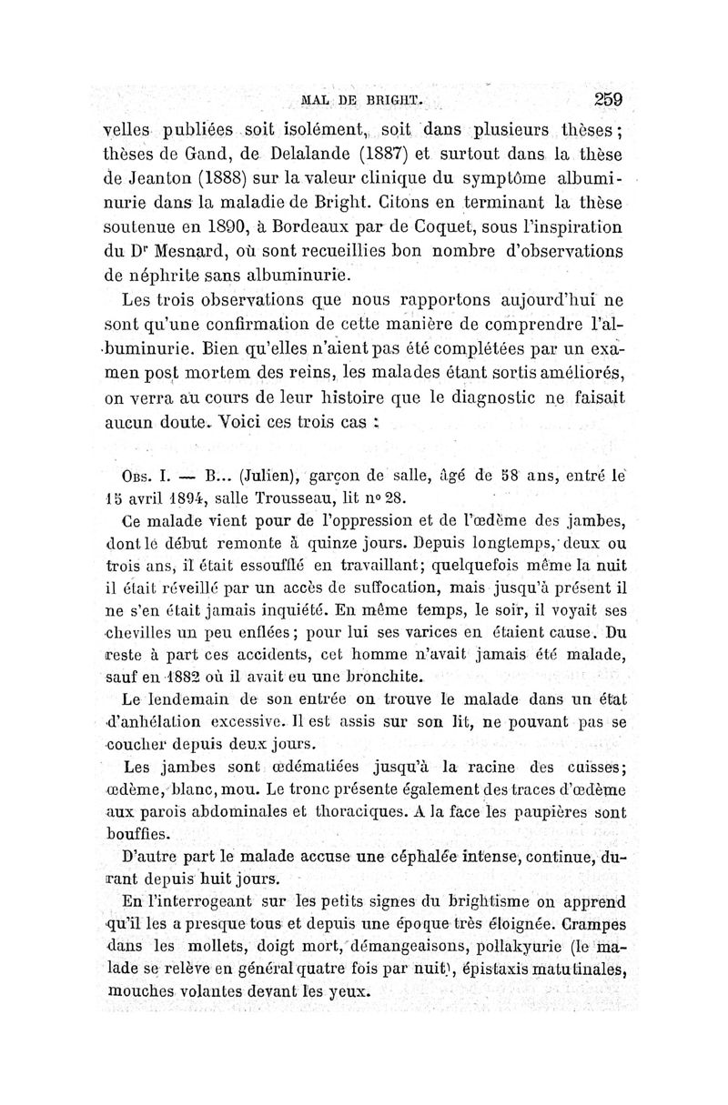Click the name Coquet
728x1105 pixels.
[x=431, y=225]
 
